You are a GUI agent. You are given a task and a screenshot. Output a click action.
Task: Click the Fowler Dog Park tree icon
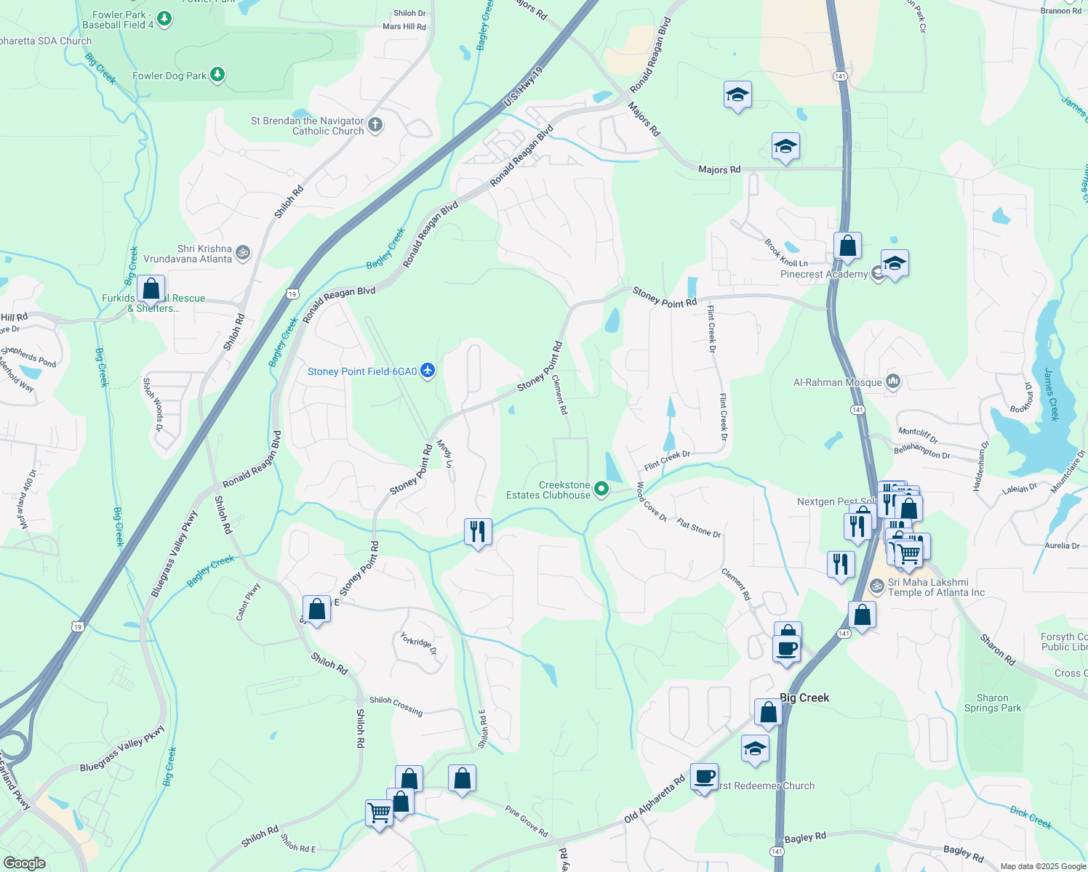[x=217, y=75]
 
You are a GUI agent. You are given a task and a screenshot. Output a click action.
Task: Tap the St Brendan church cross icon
[x=375, y=125]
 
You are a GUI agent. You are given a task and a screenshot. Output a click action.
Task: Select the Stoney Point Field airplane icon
[x=428, y=371]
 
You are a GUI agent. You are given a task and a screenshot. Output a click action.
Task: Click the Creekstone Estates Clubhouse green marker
[x=601, y=489]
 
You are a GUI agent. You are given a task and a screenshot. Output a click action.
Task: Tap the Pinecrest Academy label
[x=823, y=275]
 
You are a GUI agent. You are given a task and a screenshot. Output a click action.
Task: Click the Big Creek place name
[x=804, y=698]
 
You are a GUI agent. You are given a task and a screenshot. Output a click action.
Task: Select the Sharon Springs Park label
[x=993, y=703]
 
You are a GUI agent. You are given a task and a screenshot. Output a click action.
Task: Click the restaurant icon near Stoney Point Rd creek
[x=478, y=532]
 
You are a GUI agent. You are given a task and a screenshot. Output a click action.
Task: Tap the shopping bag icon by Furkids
[x=151, y=288]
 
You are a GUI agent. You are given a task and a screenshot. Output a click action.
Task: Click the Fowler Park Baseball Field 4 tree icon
[x=164, y=19]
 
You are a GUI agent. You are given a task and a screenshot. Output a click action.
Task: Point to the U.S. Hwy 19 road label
[x=524, y=88]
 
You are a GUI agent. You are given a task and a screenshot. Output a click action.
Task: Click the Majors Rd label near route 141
[x=719, y=169]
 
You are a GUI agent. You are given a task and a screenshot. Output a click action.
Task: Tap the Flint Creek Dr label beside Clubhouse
[x=667, y=459]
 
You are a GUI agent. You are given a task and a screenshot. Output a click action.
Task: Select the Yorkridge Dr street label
[x=418, y=643]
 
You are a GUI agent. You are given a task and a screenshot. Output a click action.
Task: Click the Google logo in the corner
[x=24, y=863]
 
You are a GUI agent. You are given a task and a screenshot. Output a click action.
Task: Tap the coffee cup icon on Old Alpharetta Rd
[x=704, y=777]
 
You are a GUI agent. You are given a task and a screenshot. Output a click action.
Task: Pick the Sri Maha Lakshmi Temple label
[x=936, y=587]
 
